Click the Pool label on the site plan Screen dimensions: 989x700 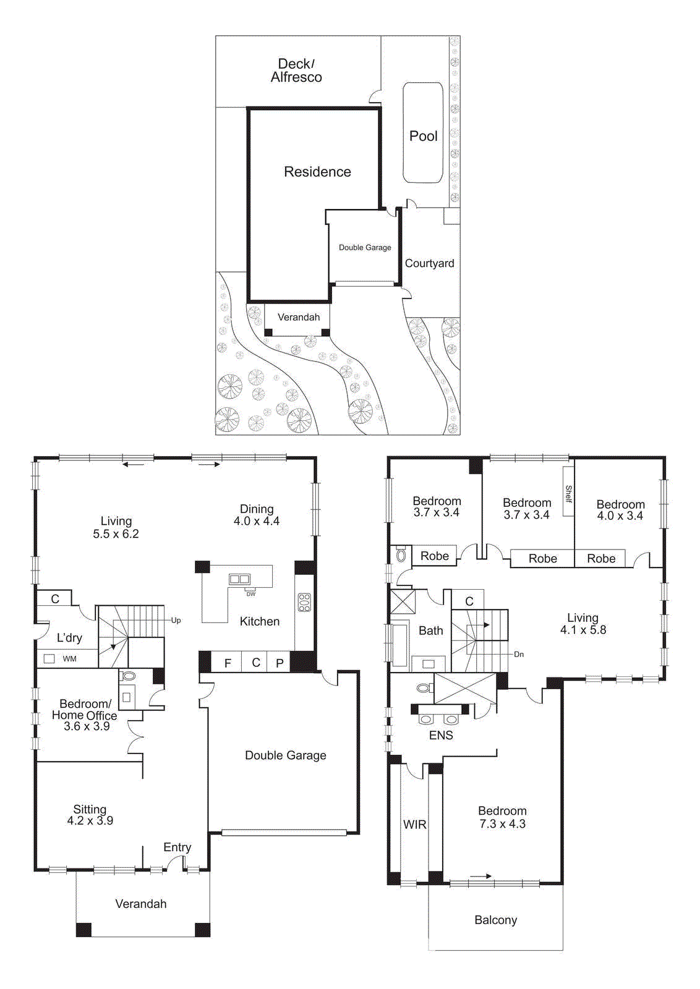coord(423,136)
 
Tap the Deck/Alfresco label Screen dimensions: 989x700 coord(296,70)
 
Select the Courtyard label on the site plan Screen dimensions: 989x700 coord(429,263)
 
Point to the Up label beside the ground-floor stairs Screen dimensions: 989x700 coord(176,621)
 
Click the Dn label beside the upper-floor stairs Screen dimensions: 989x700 coord(519,654)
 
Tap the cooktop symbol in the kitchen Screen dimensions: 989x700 coord(304,602)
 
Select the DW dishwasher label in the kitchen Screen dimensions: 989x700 coord(250,594)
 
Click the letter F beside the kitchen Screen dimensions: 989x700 coord(228,663)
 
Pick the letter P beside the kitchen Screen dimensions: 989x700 coord(280,663)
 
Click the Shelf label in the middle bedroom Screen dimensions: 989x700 coord(568,493)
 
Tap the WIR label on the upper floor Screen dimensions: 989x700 coord(414,825)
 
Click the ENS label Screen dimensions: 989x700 coord(441,735)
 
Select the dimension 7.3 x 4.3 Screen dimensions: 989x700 coord(502,824)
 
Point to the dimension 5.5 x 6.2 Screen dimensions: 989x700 coord(116,534)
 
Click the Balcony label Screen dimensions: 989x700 coord(495,920)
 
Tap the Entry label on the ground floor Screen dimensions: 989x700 coord(177,847)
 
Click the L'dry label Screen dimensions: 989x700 coord(69,638)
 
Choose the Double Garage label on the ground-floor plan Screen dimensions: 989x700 coord(285,755)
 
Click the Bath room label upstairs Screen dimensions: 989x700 coord(430,630)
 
